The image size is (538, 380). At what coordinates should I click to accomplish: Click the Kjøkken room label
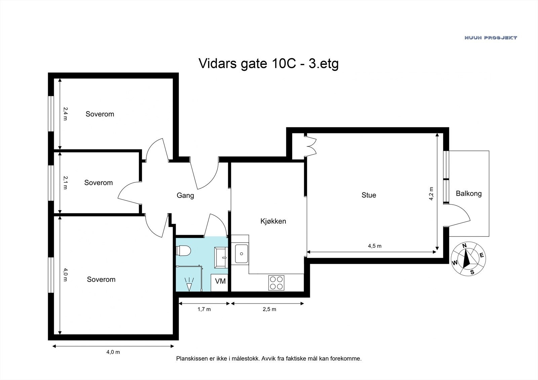pyautogui.click(x=273, y=221)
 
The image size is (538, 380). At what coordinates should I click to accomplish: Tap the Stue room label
pyautogui.click(x=369, y=195)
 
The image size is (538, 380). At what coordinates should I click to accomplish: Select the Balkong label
pyautogui.click(x=469, y=194)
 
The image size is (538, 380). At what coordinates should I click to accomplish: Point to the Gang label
pyautogui.click(x=185, y=196)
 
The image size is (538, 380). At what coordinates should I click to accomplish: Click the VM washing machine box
pyautogui.click(x=219, y=283)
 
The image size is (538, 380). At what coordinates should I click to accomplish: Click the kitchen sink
pyautogui.click(x=241, y=253)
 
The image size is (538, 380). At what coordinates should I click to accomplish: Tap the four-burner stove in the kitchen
pyautogui.click(x=276, y=283)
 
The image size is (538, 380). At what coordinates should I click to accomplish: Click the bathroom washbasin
pyautogui.click(x=221, y=258)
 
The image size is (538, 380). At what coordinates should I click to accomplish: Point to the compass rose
pyautogui.click(x=468, y=259)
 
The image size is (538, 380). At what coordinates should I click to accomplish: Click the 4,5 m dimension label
pyautogui.click(x=375, y=246)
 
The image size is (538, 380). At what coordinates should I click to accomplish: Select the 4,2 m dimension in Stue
pyautogui.click(x=431, y=194)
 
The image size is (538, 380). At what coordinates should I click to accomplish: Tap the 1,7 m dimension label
pyautogui.click(x=204, y=309)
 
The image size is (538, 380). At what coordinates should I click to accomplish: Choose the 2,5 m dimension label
pyautogui.click(x=269, y=309)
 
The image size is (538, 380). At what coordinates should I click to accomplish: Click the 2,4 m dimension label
pyautogui.click(x=65, y=114)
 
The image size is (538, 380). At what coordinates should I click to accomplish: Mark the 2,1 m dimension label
pyautogui.click(x=65, y=182)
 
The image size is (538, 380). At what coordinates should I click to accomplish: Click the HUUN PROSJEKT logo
pyautogui.click(x=491, y=38)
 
